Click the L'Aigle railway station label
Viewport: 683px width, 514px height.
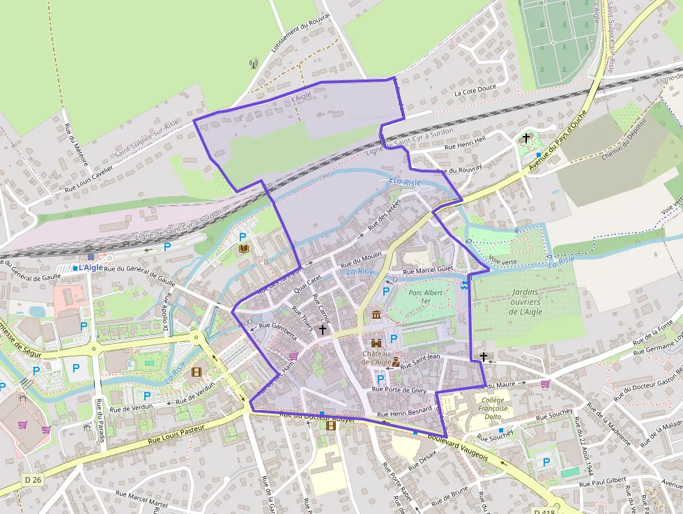click(90, 267)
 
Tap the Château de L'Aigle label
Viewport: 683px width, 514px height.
click(377, 357)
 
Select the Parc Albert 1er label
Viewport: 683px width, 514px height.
click(426, 296)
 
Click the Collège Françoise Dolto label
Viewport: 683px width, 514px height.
click(493, 410)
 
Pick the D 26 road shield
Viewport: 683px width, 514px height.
click(33, 479)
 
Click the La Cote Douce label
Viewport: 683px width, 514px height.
click(475, 91)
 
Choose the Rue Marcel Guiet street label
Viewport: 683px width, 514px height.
click(428, 269)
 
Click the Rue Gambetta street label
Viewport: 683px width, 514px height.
click(277, 330)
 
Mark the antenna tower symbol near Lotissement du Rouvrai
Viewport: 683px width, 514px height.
click(254, 64)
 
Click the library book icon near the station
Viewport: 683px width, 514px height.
click(244, 248)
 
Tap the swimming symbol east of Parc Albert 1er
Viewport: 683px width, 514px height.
click(465, 285)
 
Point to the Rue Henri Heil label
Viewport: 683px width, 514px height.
click(465, 142)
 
